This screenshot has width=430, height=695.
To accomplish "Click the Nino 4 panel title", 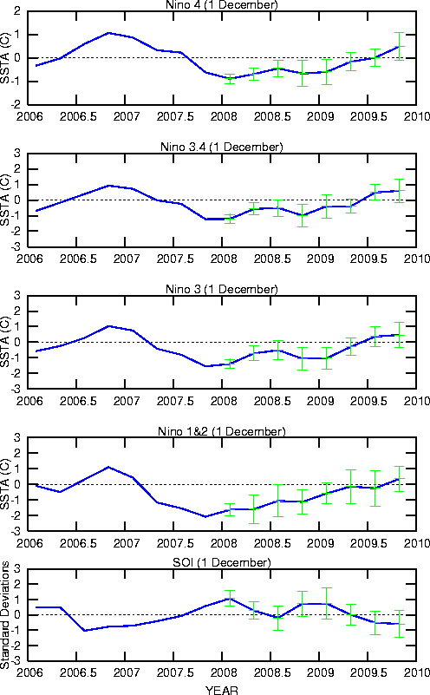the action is [221, 5].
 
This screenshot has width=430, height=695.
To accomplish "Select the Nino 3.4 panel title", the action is [221, 147].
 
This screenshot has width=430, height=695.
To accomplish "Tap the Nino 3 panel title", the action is [221, 289].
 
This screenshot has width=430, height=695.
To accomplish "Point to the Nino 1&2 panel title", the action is [221, 431].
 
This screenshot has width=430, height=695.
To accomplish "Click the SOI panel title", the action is [221, 562].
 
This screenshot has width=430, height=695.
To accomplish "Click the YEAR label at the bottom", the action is [221, 690].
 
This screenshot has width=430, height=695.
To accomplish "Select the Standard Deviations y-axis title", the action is [5, 615].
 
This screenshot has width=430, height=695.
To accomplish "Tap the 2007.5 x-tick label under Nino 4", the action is [175, 116].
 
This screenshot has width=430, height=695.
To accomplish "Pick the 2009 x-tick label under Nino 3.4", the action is [320, 259].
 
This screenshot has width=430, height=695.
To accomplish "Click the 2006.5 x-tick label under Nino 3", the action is [78, 401].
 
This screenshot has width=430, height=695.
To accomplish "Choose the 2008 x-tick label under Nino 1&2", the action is [223, 543].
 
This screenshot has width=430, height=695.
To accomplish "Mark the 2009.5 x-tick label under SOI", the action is [368, 672].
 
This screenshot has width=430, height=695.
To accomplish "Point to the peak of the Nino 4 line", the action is [109, 33].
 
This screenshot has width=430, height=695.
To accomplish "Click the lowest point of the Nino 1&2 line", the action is [205, 516].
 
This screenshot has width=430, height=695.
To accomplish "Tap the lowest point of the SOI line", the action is [84, 630].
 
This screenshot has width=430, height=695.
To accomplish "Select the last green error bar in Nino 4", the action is [400, 46].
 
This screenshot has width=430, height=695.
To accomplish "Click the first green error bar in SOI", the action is [230, 599].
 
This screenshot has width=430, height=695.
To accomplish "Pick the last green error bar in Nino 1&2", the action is [400, 479].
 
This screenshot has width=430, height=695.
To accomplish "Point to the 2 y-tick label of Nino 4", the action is [16, 11].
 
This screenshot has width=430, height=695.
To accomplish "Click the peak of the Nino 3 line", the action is [109, 326].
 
